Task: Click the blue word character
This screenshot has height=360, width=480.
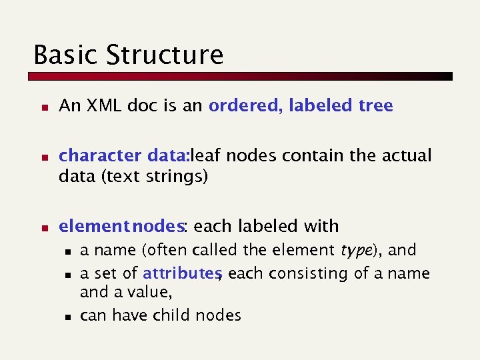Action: (x=99, y=156)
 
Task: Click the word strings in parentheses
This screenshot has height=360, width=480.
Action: (x=180, y=177)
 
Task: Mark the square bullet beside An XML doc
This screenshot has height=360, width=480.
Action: (x=42, y=107)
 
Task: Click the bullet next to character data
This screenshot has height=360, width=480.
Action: (x=42, y=157)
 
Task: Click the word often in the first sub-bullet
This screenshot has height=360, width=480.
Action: (x=165, y=251)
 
